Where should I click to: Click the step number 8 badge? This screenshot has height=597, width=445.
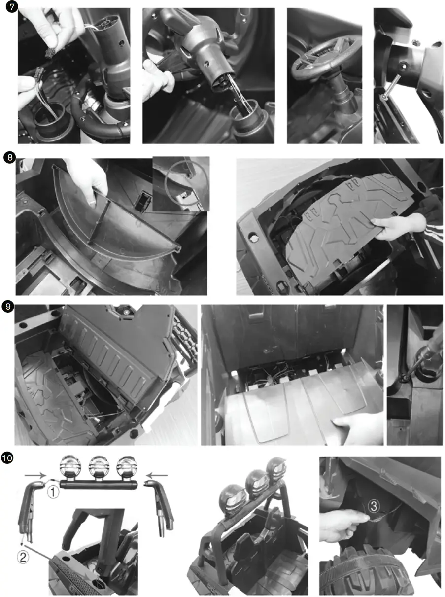8,158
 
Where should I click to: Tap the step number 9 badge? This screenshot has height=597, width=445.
8,306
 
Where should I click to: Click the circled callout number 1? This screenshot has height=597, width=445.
53,492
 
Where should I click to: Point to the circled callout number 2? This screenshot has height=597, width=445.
23,558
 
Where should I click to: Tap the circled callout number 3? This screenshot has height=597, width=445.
374,506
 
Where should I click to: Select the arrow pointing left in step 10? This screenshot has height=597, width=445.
159,476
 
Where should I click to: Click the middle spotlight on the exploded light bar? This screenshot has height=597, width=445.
99,467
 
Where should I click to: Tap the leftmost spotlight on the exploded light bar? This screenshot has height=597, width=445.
69,467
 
